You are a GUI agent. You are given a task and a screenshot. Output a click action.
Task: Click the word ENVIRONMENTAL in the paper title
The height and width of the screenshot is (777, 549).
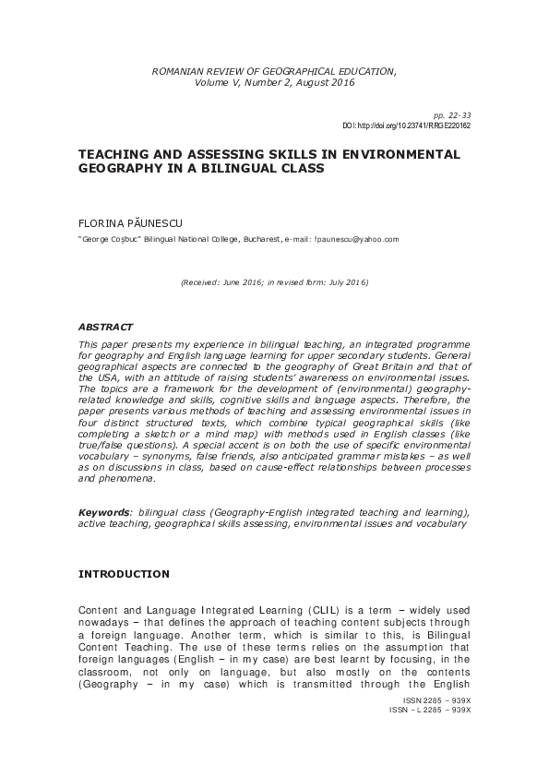click(x=400, y=154)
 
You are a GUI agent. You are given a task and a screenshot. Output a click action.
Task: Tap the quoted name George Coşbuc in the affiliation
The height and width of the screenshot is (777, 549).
click(x=111, y=239)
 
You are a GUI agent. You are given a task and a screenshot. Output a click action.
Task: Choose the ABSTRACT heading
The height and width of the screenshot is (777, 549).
click(x=105, y=327)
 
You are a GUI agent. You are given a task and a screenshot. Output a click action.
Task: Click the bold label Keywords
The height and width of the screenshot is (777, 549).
click(x=104, y=511)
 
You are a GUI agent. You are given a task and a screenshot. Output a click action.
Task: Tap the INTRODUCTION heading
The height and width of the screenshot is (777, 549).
click(x=124, y=574)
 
